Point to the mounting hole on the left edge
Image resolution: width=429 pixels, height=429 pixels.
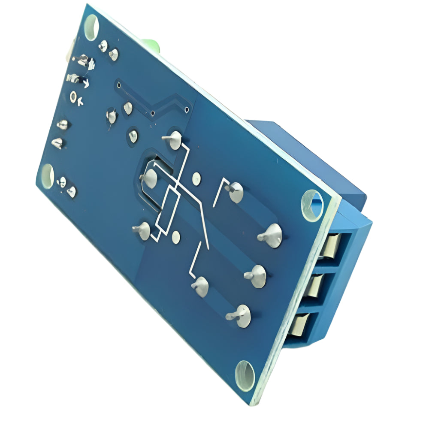click(47, 175)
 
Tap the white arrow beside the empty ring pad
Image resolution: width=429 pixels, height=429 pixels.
click(82, 101)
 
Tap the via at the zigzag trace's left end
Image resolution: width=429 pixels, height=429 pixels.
click(153, 114)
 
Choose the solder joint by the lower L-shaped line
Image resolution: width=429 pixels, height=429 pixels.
click(201, 287)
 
